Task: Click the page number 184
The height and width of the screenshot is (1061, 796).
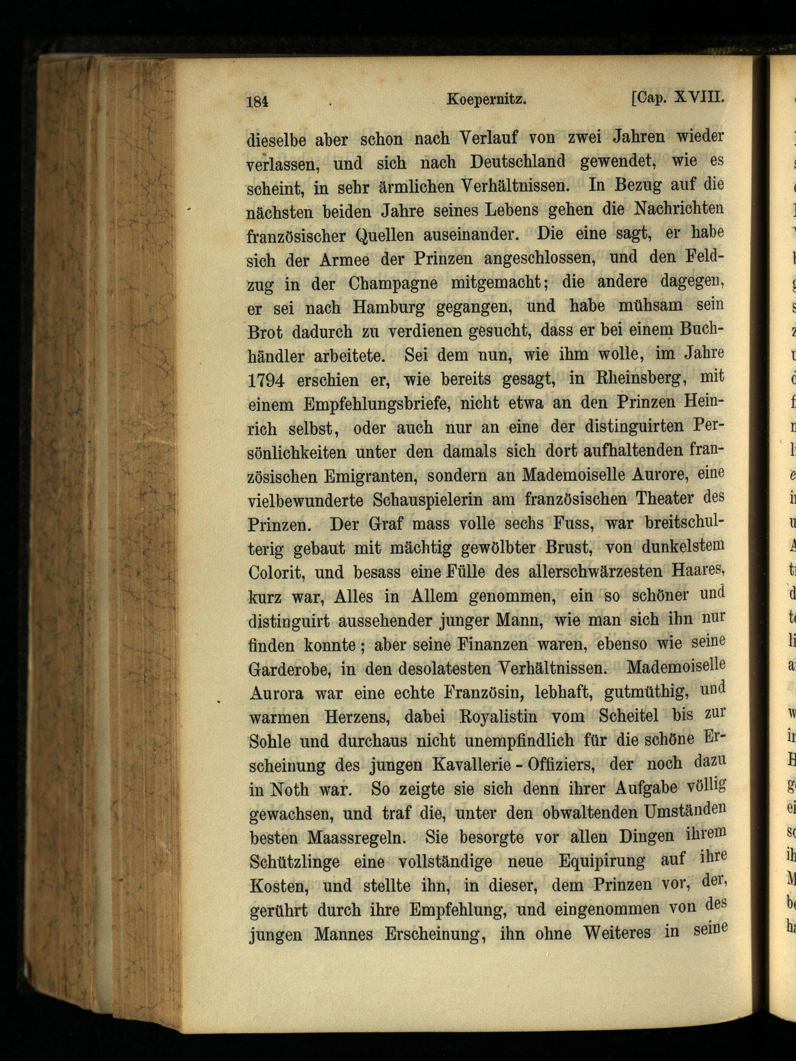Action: coord(257,102)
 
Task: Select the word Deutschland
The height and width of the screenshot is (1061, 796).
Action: coord(517,162)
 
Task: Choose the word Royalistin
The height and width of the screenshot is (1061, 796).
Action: coord(495,717)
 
